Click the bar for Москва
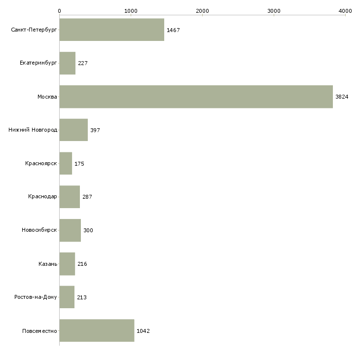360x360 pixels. coord(196,97)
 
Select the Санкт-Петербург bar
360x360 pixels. coord(111,30)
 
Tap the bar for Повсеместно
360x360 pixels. coord(97,330)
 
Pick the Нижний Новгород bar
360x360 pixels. coord(73,130)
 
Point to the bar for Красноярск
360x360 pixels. coord(66,164)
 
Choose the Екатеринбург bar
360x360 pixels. coord(67,63)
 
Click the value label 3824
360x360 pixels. coord(342,97)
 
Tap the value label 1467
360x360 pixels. coord(173,30)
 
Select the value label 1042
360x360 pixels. coord(143,331)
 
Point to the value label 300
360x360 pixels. coord(88,230)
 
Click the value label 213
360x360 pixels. coord(82,297)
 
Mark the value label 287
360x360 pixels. coord(87,197)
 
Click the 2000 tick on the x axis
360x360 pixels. coord(202,10)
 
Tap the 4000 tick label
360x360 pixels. coord(345,10)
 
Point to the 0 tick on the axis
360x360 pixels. coord(59,10)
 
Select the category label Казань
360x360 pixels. coord(48,264)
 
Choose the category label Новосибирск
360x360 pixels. coord(39,230)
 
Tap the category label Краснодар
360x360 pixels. coord(42,197)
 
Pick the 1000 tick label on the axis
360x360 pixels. coord(131,10)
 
